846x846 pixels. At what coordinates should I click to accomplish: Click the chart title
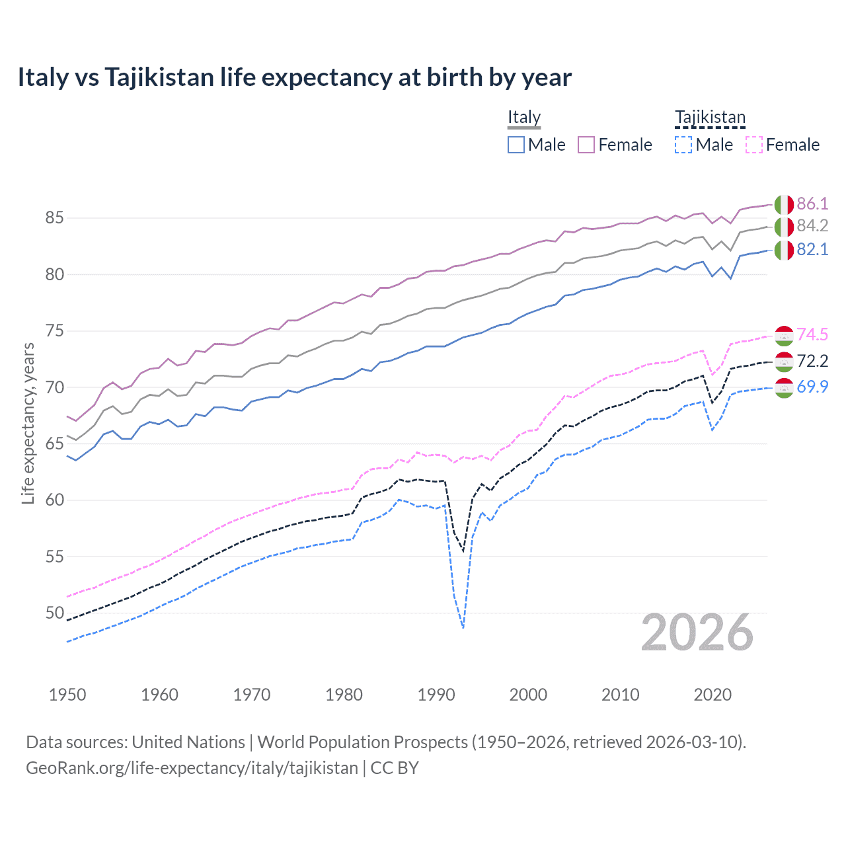294,77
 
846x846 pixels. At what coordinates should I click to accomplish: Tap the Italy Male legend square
516,145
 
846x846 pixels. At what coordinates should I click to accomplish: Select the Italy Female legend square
586,145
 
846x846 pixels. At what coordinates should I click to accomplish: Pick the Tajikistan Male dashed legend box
683,145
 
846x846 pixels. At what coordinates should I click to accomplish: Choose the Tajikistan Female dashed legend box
754,145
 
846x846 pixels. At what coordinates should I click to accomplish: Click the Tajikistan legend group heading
710,118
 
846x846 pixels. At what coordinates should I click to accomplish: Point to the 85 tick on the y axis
55,217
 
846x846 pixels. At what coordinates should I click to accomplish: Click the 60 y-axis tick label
55,500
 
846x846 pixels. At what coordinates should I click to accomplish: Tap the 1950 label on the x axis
67,695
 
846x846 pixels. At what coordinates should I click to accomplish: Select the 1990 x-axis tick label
436,695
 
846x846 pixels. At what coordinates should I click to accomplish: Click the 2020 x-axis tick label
712,695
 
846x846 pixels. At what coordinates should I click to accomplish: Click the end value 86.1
812,204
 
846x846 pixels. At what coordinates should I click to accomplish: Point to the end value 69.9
812,387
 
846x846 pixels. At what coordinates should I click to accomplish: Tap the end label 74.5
812,334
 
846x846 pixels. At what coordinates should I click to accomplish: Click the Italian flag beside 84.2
784,227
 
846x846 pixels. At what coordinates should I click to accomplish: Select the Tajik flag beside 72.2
784,362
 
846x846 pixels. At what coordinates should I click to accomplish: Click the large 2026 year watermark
697,633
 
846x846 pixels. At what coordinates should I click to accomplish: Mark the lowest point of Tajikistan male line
463,628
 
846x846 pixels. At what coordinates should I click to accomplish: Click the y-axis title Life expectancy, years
28,423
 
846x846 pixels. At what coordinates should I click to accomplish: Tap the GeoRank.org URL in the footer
192,768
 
